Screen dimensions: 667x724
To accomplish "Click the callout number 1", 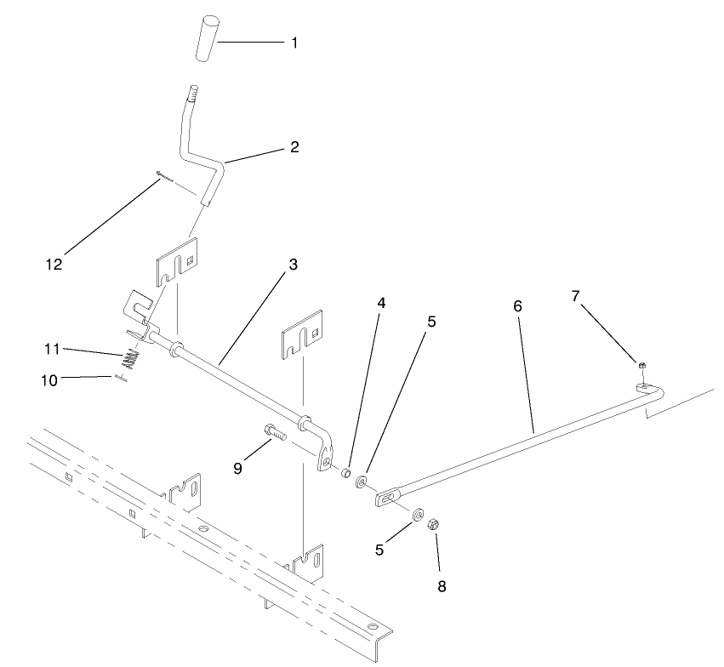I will (x=294, y=42).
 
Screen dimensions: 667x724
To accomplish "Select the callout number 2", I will (x=294, y=147).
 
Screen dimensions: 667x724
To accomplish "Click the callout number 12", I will (x=54, y=264).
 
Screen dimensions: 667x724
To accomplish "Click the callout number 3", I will (x=293, y=264).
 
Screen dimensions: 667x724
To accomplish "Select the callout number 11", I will (x=54, y=349).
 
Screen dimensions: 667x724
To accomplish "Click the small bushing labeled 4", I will (x=347, y=472).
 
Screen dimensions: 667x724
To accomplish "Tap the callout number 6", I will (x=517, y=305).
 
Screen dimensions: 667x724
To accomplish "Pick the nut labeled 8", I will (x=432, y=523).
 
